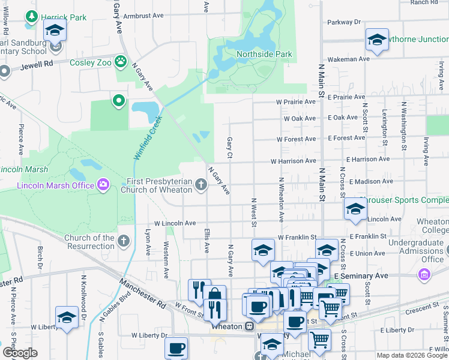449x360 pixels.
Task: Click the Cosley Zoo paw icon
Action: [x=121, y=61]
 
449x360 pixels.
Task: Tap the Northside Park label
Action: [x=264, y=55]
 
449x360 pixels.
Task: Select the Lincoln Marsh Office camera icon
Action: [x=103, y=184]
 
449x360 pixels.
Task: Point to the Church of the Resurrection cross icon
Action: [x=124, y=241]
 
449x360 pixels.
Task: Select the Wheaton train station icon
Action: [x=249, y=326]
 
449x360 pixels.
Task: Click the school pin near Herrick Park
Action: [x=55, y=30]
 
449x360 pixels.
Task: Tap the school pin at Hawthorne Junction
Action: [x=376, y=40]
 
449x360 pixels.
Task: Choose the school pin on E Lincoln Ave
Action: [x=355, y=209]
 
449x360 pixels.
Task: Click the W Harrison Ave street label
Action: [x=293, y=161]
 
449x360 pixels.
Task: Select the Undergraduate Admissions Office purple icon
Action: [x=424, y=274]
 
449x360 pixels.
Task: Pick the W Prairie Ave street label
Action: [x=295, y=102]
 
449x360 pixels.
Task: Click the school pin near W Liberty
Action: [x=67, y=317]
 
